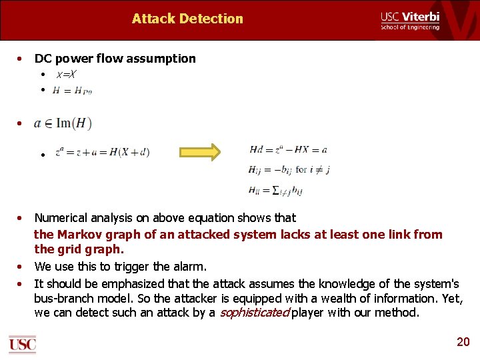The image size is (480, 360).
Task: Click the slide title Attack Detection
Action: click(187, 19)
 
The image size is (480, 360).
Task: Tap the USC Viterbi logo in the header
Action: click(410, 20)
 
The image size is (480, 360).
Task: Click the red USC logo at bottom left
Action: click(22, 344)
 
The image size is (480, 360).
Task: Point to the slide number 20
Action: click(463, 342)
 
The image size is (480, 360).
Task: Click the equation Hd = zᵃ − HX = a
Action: click(288, 150)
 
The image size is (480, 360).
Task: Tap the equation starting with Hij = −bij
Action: click(289, 169)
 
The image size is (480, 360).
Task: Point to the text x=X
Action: click(65, 75)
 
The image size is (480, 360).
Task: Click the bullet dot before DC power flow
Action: click(22, 59)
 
